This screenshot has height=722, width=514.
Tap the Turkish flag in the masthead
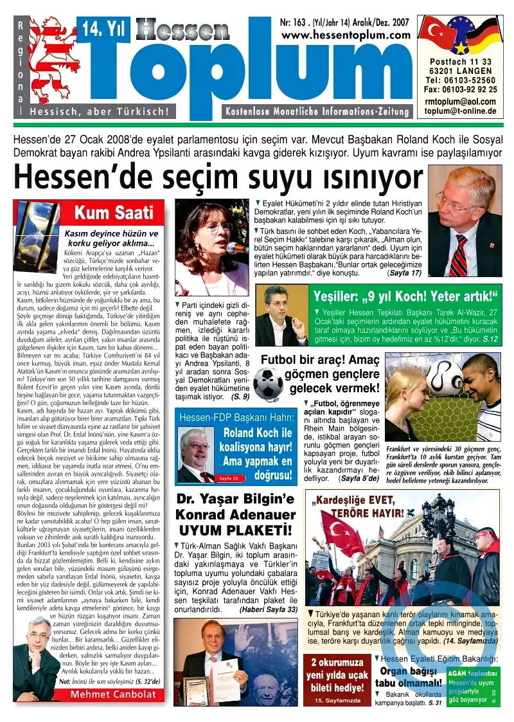click(439, 35)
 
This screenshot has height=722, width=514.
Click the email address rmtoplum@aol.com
click(461, 101)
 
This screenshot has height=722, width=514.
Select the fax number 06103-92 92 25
click(461, 89)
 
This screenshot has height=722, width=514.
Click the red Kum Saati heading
click(113, 212)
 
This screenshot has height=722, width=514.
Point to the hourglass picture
click(37, 228)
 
